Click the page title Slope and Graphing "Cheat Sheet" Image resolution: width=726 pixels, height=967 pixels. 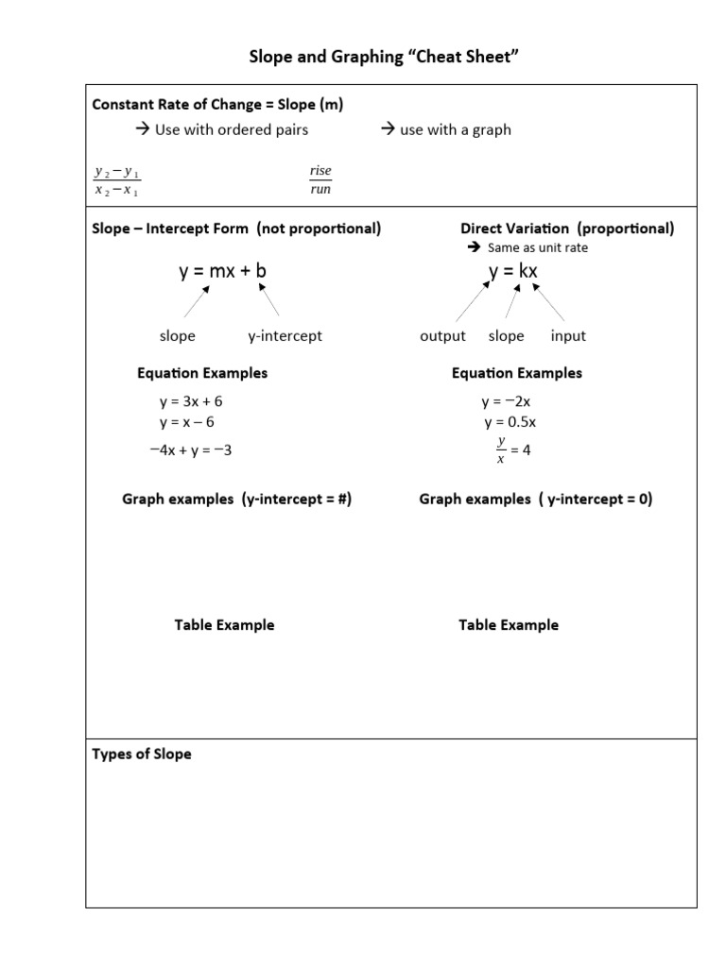click(x=385, y=58)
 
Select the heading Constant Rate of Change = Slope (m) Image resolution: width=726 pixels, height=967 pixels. click(x=216, y=104)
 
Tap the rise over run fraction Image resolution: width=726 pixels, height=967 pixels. click(x=320, y=180)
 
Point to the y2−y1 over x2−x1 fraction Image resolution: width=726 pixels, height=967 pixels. click(x=117, y=181)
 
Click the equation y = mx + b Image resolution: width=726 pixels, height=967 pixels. click(x=222, y=271)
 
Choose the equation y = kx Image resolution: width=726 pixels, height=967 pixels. click(x=513, y=271)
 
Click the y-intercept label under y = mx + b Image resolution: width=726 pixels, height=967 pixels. click(x=285, y=335)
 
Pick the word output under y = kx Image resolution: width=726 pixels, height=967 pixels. click(x=442, y=335)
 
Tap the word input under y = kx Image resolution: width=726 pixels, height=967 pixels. click(x=568, y=335)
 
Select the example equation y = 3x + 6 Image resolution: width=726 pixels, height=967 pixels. click(x=191, y=401)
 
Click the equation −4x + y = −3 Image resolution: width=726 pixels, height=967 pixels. click(x=190, y=450)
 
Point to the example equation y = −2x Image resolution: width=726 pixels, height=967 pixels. click(x=506, y=401)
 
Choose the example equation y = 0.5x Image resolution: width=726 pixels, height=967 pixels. click(x=510, y=422)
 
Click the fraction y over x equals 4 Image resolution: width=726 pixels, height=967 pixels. click(x=511, y=450)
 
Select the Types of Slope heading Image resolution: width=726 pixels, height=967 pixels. click(x=141, y=754)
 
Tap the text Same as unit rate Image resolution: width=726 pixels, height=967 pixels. click(x=537, y=247)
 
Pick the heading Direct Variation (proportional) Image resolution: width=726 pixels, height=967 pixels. click(x=567, y=229)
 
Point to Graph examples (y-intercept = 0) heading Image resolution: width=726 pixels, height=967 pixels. click(x=535, y=499)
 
